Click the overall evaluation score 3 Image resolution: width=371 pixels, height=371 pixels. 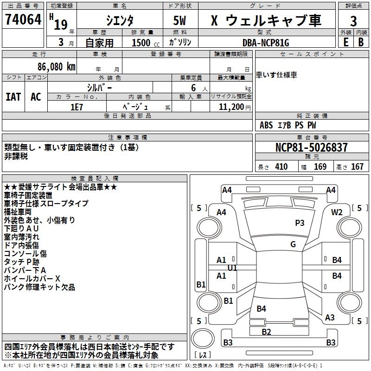click(353, 21)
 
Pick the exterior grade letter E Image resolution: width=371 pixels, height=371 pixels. click(345, 42)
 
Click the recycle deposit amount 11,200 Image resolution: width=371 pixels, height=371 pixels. click(230, 107)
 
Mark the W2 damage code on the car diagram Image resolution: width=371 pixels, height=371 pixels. click(337, 212)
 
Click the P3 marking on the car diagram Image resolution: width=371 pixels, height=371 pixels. click(300, 223)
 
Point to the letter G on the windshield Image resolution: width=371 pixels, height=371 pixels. click(293, 244)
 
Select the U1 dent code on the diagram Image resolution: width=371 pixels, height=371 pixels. click(232, 268)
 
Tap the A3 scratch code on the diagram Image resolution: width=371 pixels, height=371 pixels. click(330, 318)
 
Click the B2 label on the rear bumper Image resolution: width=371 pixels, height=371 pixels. click(266, 332)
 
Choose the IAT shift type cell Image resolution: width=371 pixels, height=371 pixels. click(13, 97)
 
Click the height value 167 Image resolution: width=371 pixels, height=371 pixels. click(357, 167)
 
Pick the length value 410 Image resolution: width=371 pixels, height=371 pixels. click(281, 167)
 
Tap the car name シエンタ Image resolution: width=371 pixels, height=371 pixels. click(119, 21)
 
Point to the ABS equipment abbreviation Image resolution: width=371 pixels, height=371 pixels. click(266, 125)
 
